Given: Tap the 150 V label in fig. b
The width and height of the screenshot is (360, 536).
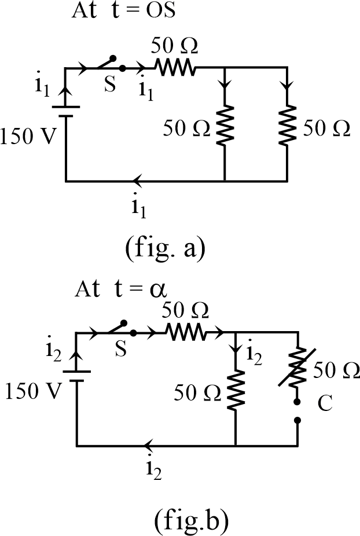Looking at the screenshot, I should [33, 392].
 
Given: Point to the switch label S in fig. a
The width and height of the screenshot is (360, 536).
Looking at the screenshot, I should [110, 86].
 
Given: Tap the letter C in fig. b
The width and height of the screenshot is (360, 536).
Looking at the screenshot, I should [325, 403].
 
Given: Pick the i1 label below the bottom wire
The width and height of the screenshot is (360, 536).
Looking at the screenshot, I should [138, 208].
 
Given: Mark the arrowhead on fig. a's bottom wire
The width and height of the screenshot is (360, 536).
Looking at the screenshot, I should [137, 181].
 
